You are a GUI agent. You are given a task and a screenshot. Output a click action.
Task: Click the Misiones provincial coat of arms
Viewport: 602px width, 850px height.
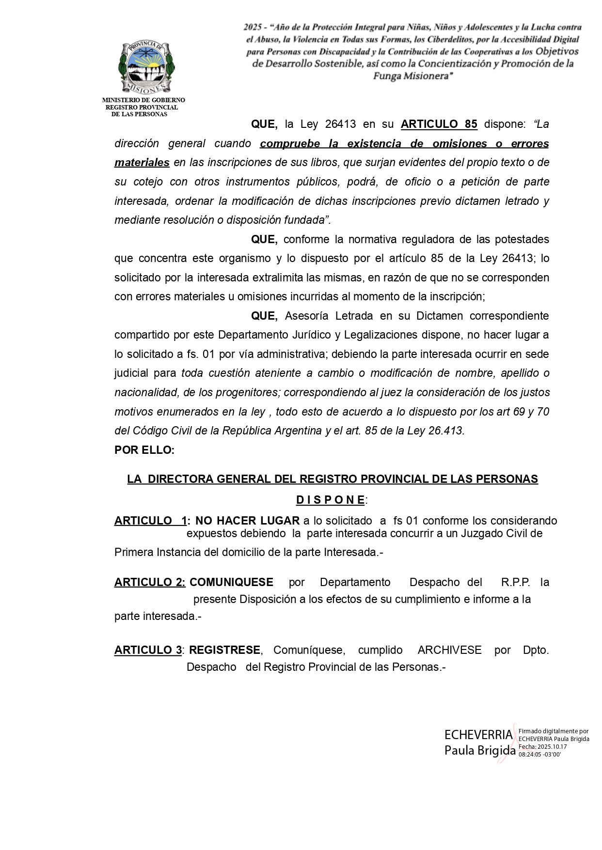146,68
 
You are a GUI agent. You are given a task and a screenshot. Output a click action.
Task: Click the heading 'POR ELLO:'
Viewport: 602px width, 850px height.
144,450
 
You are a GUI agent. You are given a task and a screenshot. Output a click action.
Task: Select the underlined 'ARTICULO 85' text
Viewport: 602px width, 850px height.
439,124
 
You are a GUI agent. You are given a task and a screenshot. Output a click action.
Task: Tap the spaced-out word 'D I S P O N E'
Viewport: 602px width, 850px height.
331,499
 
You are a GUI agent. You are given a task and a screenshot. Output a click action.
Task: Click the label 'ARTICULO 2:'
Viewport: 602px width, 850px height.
150,582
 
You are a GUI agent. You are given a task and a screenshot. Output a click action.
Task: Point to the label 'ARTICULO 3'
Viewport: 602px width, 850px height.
148,650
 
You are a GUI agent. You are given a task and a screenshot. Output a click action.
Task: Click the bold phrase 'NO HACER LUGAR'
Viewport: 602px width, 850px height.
247,521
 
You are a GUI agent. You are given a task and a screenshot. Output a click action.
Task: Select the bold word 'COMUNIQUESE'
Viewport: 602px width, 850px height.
231,582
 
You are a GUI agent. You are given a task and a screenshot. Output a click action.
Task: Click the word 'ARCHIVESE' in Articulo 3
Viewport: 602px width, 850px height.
449,650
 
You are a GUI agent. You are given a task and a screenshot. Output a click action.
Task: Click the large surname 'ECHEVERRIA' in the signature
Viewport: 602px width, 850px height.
478,735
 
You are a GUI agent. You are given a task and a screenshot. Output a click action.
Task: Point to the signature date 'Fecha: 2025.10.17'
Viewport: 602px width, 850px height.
542,746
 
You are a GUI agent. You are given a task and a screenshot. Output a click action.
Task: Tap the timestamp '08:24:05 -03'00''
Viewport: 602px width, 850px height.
539,754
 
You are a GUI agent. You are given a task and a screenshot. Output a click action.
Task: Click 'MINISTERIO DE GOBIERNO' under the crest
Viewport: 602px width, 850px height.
143,100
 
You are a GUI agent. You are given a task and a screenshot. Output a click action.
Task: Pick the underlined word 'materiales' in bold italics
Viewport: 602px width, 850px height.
142,163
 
